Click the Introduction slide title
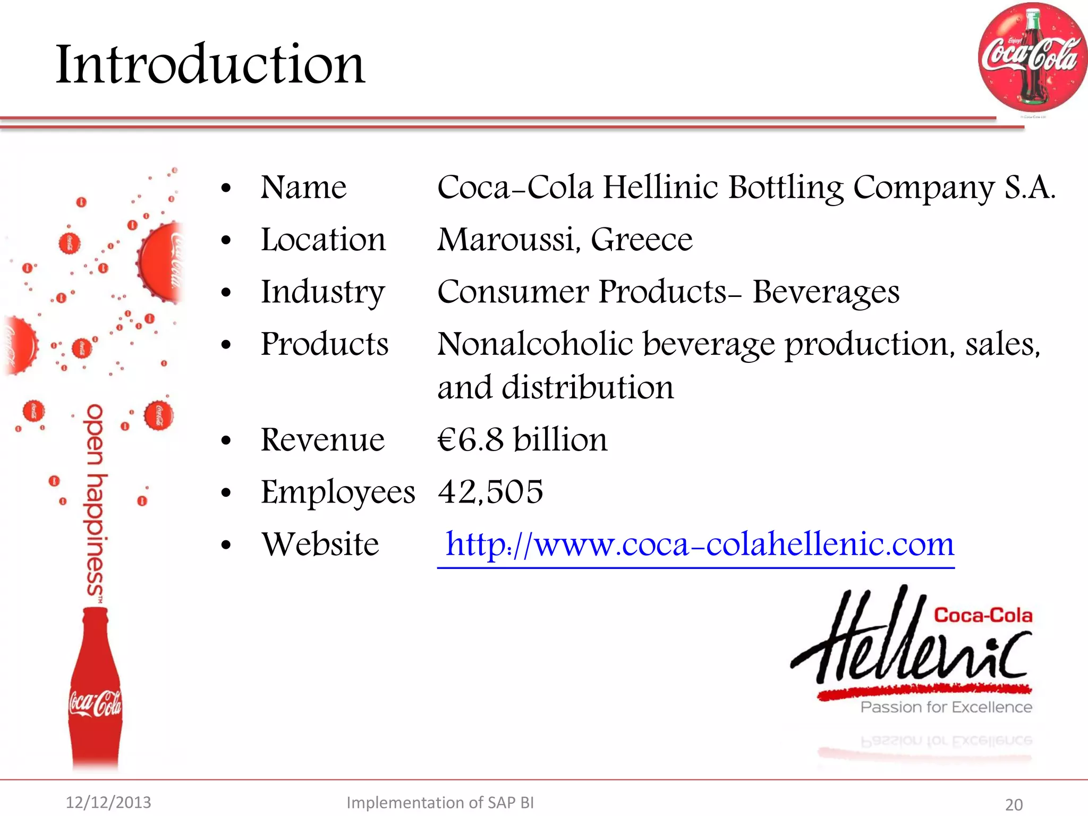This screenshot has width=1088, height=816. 210,64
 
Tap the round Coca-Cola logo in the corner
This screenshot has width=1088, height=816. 1032,57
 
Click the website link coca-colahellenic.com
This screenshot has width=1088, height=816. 699,545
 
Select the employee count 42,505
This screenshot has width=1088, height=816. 490,491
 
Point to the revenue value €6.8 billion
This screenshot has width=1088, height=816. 522,440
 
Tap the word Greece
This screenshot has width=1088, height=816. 641,240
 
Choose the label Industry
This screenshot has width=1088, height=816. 322,292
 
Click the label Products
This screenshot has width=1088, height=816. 325,344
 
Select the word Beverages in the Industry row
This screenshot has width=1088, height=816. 826,292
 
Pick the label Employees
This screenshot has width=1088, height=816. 338,492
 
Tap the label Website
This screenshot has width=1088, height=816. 320,545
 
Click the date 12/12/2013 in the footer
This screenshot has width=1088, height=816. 108,802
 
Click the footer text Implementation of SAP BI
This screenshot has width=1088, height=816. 440,802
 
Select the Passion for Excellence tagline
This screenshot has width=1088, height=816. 946,707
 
